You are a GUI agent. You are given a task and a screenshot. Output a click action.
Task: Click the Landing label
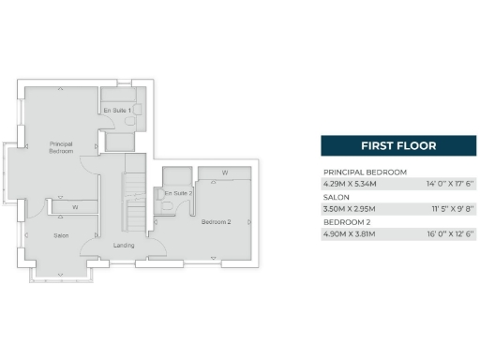(123, 245)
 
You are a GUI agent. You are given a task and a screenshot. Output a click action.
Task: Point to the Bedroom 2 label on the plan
(217, 222)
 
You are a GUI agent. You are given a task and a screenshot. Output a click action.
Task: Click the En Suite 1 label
(117, 111)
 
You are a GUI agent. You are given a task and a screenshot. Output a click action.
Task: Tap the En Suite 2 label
(177, 193)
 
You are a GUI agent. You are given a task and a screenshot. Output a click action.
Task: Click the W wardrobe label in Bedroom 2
(225, 172)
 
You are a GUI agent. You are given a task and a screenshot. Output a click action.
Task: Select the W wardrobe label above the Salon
(74, 206)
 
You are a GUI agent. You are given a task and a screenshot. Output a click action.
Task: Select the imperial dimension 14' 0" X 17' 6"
(450, 185)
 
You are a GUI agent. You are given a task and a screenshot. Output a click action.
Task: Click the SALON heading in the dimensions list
(337, 197)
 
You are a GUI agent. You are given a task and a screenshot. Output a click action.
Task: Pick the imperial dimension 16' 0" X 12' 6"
(450, 233)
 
